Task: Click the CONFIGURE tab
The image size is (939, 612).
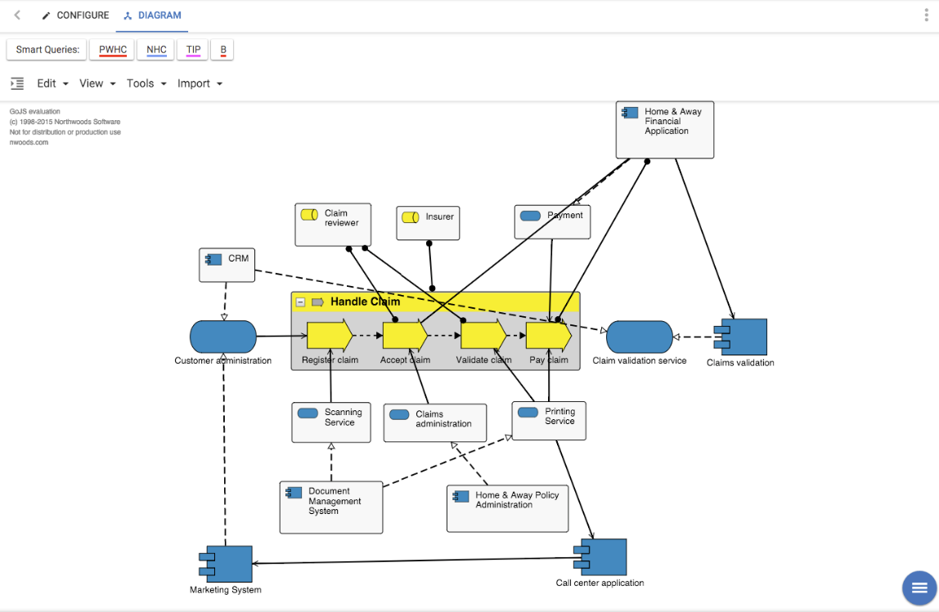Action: (x=75, y=16)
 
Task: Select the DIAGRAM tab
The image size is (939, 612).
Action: (x=152, y=16)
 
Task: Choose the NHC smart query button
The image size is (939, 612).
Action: (x=156, y=50)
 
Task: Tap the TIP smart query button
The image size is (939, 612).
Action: (x=193, y=50)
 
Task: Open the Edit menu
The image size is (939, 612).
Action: (x=52, y=83)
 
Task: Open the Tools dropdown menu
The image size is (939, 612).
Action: (x=146, y=83)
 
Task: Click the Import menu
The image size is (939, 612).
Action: (x=200, y=83)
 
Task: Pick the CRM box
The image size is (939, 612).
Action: (x=227, y=265)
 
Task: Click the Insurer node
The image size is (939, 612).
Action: (x=428, y=223)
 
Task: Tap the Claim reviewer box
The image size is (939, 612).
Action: (x=333, y=225)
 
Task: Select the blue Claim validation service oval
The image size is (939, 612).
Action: (x=640, y=337)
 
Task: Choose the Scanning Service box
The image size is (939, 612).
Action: (x=331, y=422)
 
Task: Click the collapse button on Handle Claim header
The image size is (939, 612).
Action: (x=300, y=302)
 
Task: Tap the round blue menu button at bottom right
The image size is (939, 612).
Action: (x=919, y=587)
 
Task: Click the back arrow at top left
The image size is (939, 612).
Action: (x=17, y=16)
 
